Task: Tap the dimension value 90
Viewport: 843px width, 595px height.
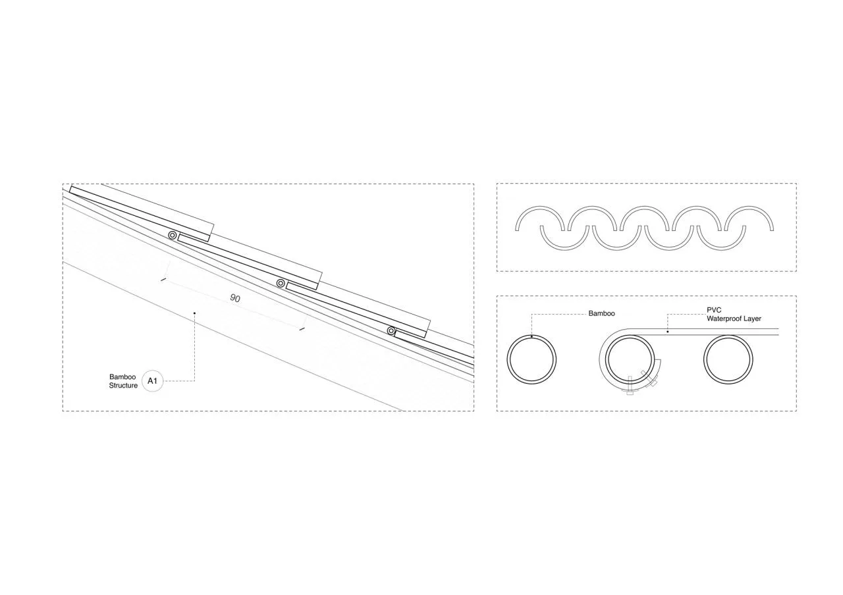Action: tap(235, 298)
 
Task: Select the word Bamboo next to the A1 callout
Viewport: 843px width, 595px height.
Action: tap(122, 377)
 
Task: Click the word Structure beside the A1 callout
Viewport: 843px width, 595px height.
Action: tap(123, 386)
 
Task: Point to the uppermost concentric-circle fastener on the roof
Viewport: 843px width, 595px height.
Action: tap(173, 236)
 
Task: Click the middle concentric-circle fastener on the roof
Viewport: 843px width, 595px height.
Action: tap(281, 283)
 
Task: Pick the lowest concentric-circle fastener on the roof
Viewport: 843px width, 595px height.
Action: tap(391, 331)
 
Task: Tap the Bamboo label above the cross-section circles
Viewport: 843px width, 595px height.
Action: tap(601, 313)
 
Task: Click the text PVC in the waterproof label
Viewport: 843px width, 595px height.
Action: tap(714, 310)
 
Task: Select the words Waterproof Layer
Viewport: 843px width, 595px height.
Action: tap(734, 319)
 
